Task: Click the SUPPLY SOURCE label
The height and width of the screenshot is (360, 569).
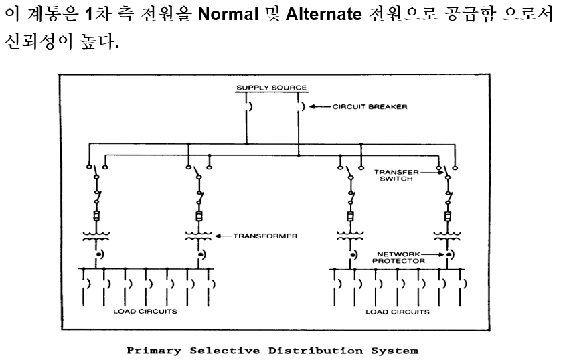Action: pyautogui.click(x=271, y=88)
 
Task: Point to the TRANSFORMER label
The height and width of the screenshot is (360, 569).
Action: pyautogui.click(x=265, y=236)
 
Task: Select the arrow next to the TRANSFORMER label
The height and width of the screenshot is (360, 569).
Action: pyautogui.click(x=224, y=236)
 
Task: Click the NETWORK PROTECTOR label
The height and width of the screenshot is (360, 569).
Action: pyautogui.click(x=399, y=258)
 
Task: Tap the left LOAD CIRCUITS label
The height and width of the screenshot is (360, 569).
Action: pyautogui.click(x=145, y=312)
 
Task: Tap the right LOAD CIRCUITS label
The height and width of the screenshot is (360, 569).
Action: pyautogui.click(x=397, y=312)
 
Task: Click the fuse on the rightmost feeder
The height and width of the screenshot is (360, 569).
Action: pyautogui.click(x=446, y=217)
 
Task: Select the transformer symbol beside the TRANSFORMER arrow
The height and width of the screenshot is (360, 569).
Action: pyautogui.click(x=199, y=235)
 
